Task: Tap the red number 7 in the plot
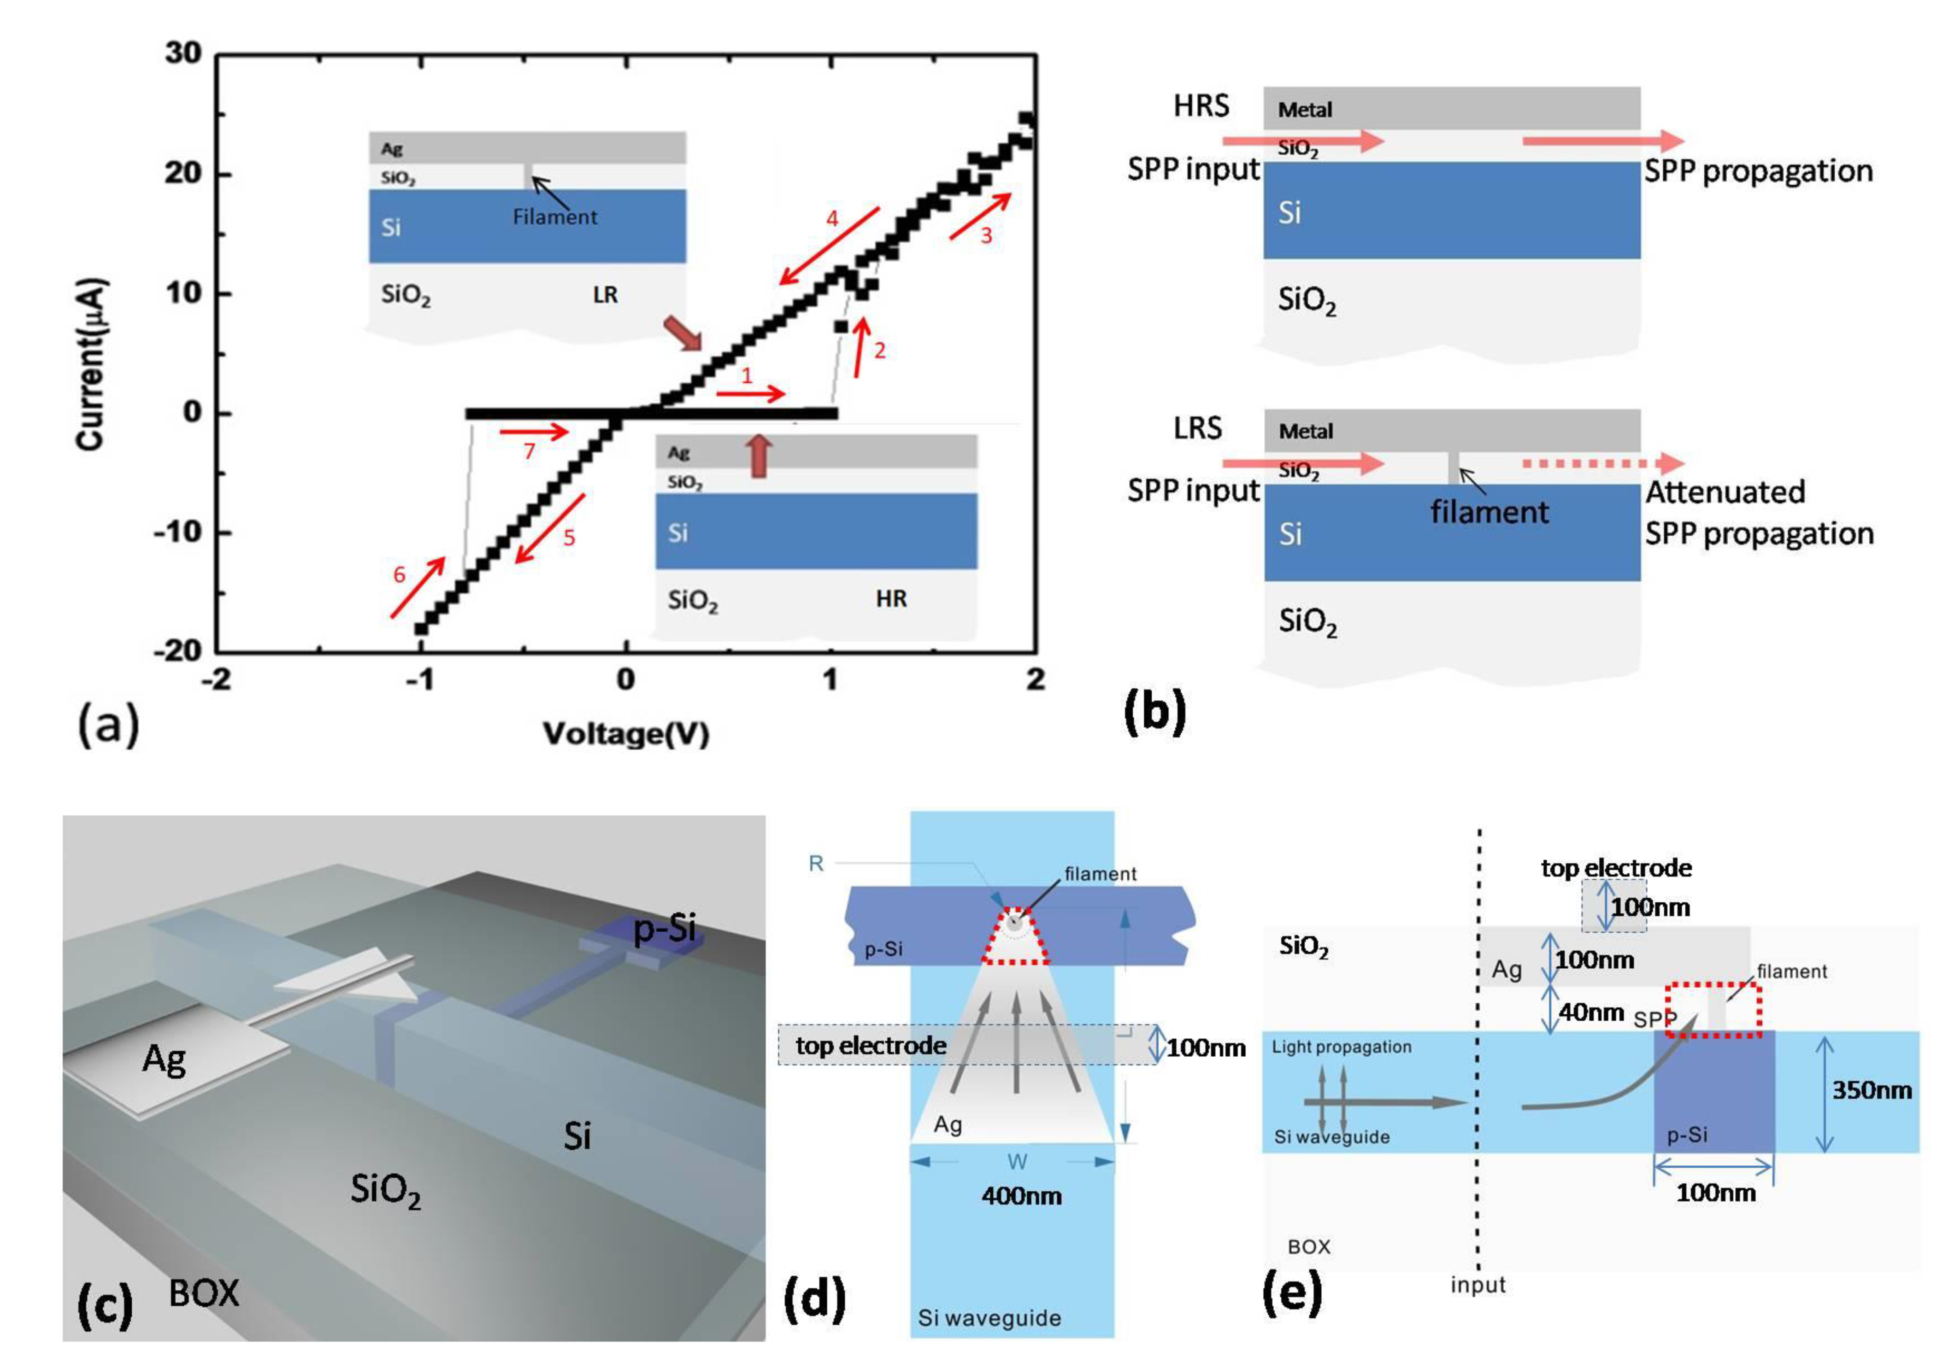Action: (529, 450)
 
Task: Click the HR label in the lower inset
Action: (891, 599)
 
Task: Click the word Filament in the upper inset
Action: (554, 217)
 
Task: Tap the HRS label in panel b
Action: (1201, 106)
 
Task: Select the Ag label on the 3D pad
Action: (164, 1059)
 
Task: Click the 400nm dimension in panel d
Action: (1021, 1196)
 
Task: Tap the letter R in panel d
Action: (816, 864)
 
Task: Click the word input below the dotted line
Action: (1478, 1285)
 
